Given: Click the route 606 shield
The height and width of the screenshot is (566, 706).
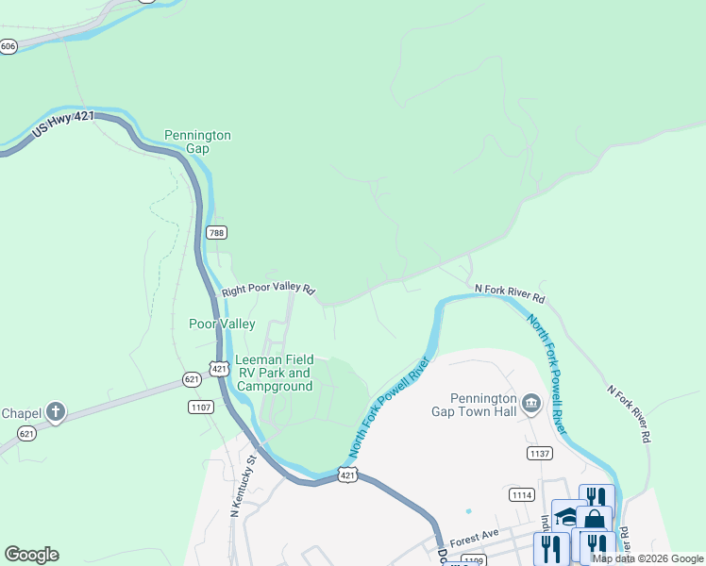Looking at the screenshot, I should coord(8,46).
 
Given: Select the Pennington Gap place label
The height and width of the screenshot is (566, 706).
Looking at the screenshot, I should coord(197,141).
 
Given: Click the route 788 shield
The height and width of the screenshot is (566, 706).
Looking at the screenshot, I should coord(217,232).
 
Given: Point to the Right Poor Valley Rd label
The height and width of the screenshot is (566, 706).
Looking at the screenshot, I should coord(268,291).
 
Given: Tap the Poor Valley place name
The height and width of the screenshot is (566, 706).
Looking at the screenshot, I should coord(222,324).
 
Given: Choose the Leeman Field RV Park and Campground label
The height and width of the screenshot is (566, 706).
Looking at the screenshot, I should coord(274,373).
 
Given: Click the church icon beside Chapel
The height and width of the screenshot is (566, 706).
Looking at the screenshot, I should coord(56,411).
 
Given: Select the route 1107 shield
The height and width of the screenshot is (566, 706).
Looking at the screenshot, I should coord(201,408).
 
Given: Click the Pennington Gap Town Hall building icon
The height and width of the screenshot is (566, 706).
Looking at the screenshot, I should coord(530,404).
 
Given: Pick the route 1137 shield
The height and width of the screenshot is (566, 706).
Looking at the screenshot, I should coord(539,454).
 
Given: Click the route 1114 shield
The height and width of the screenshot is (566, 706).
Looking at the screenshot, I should coord(521,494).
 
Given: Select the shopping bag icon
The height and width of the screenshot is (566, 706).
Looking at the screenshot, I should coord(594,520).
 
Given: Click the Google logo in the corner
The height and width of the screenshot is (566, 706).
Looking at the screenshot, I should coord(31,555).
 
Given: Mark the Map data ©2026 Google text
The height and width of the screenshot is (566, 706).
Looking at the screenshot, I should coord(647,558).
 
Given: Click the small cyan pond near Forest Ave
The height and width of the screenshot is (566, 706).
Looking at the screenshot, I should coord(468,511).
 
